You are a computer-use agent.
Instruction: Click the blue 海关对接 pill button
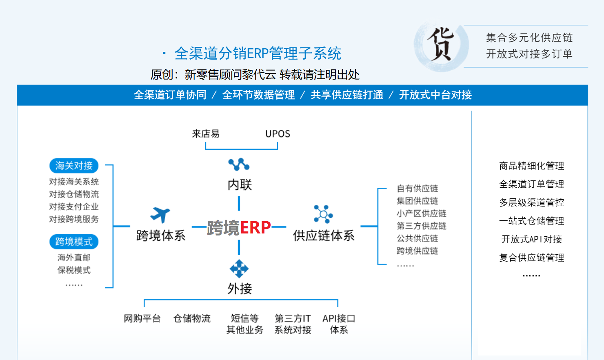click(74, 166)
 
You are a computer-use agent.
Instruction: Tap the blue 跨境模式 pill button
click(74, 242)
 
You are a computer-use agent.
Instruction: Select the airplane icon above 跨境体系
click(160, 215)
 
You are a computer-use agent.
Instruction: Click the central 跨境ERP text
click(239, 227)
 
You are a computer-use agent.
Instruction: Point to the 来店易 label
click(206, 134)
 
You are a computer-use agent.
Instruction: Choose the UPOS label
click(278, 134)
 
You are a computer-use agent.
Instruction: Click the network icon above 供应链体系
click(323, 214)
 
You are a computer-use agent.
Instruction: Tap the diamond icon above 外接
click(239, 269)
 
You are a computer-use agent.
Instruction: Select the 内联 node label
click(240, 185)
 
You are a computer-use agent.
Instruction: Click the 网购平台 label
click(142, 318)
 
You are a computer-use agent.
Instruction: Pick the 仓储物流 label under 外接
click(192, 318)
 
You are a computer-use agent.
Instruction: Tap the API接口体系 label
click(339, 324)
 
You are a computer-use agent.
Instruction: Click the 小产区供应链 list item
click(422, 213)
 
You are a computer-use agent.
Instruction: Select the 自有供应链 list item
click(417, 189)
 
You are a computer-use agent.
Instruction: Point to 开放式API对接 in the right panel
click(531, 239)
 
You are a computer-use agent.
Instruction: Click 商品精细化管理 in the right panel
click(531, 166)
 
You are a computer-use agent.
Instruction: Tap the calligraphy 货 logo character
click(441, 44)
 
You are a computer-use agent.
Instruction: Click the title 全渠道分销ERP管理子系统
click(258, 53)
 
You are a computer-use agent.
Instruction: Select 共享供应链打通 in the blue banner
click(347, 95)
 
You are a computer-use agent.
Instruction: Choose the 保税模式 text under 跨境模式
click(74, 270)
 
